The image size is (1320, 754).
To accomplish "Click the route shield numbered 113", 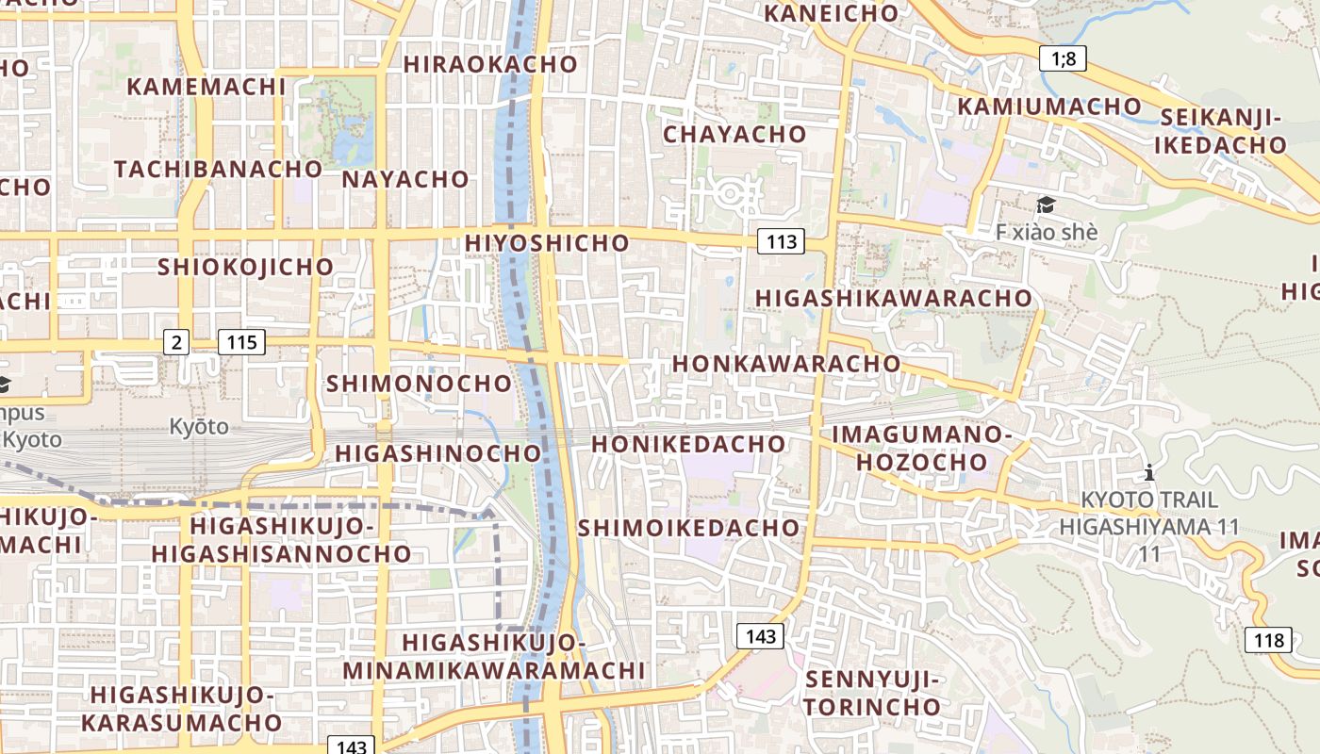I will click(x=782, y=242).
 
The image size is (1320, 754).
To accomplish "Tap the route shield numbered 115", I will click(x=242, y=342).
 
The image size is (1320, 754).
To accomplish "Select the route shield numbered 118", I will click(x=1268, y=641).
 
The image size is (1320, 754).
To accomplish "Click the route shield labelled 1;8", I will click(x=1064, y=59).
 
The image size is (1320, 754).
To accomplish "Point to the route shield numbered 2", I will click(x=175, y=342).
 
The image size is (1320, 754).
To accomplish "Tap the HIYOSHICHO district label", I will click(x=547, y=243).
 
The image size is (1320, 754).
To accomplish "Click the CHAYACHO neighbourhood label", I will click(x=734, y=134).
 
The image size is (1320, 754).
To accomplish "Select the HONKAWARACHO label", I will click(x=786, y=364).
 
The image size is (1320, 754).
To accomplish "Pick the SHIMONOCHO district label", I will click(x=419, y=384).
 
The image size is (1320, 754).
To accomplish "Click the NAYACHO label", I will click(x=405, y=179).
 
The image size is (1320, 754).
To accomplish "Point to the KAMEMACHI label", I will click(x=206, y=87).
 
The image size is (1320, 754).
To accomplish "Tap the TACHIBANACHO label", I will click(x=218, y=170).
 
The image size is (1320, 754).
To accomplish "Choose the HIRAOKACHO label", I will click(x=490, y=64).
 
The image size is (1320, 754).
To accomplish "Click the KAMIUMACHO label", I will click(x=1049, y=107).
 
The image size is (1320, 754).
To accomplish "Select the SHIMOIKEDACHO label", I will click(x=689, y=528).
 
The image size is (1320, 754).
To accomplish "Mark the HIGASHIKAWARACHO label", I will click(x=894, y=298).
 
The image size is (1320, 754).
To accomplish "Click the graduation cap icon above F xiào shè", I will click(x=1045, y=205).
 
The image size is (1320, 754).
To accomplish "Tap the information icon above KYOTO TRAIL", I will click(x=1148, y=472).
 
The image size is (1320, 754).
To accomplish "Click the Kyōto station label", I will click(x=199, y=427).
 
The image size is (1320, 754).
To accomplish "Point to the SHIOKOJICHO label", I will click(x=245, y=267).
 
